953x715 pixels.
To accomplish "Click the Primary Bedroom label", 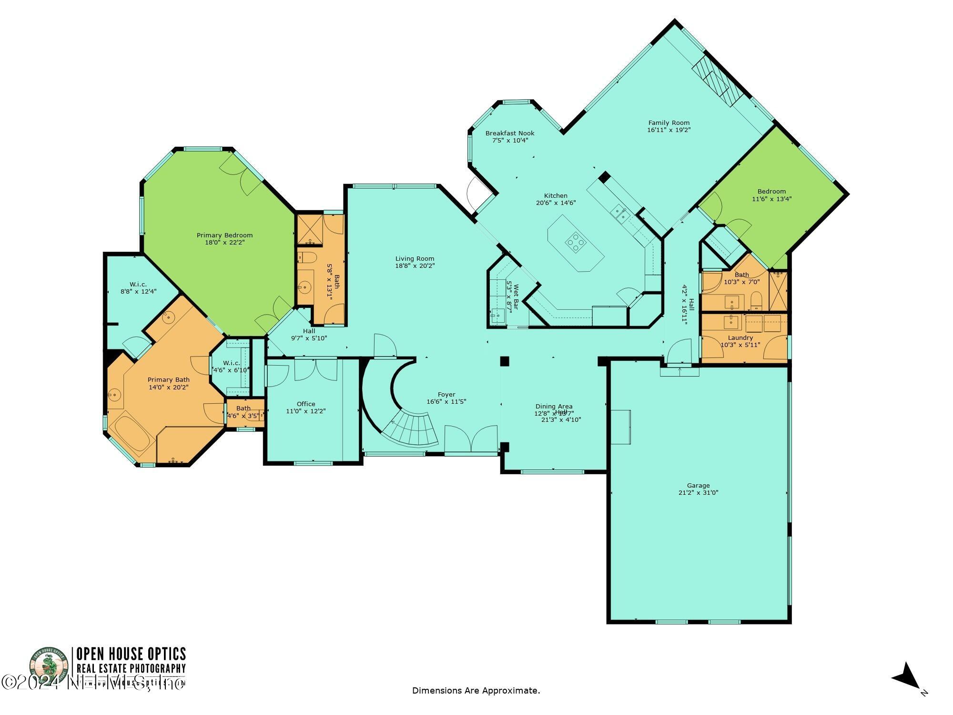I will pos(224,235).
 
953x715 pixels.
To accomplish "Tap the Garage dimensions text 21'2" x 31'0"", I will pos(698,493).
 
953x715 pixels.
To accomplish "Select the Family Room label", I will pos(669,123).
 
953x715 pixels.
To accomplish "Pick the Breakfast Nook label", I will pos(510,133).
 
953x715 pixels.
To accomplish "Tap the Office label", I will pos(306,404).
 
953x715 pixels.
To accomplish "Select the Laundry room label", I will pos(740,337).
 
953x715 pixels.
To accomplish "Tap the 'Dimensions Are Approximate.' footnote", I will pos(476,690).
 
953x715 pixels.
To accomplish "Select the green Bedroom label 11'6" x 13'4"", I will pos(771,192).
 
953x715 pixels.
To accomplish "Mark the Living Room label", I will pos(415,259).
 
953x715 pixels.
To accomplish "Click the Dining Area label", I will pos(554,407).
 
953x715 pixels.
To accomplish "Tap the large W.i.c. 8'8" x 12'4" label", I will pos(138,284).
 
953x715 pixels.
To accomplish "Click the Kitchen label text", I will pos(556,195).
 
